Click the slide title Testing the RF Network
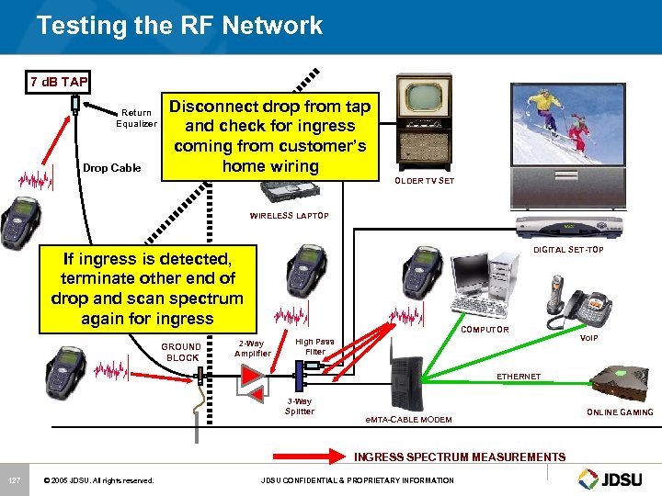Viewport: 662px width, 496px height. tap(180, 25)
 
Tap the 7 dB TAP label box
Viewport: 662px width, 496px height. tap(59, 82)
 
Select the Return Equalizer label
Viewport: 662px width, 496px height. tap(136, 118)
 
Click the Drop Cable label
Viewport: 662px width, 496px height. tap(112, 168)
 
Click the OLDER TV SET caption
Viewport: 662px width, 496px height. tap(424, 181)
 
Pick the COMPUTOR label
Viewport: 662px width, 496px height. tap(485, 329)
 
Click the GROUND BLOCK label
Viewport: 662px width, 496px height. tap(181, 352)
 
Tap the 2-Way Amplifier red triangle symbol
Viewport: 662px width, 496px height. tap(250, 376)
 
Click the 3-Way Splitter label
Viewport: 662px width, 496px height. tap(300, 406)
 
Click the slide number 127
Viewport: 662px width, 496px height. tap(14, 480)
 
